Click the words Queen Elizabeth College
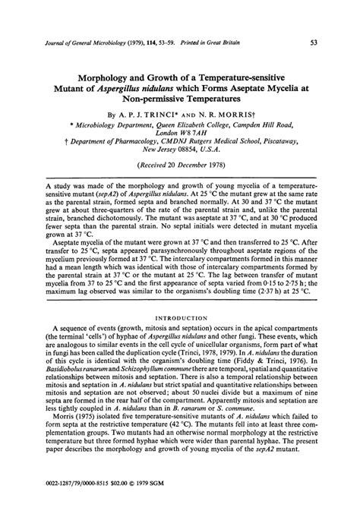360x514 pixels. [191, 129]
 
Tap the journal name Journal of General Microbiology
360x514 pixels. [81, 44]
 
